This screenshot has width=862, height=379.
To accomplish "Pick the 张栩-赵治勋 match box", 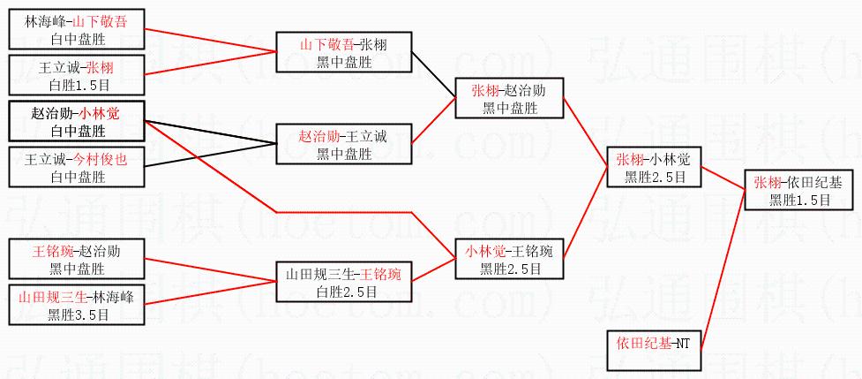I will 508,98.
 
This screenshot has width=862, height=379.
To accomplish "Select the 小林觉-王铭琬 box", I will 509,259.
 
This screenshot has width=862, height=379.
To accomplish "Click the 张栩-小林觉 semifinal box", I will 649,167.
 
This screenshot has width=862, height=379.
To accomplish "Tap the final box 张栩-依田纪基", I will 798,190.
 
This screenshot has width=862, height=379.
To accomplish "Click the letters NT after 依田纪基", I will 682,342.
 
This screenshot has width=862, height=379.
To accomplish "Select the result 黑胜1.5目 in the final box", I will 798,200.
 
